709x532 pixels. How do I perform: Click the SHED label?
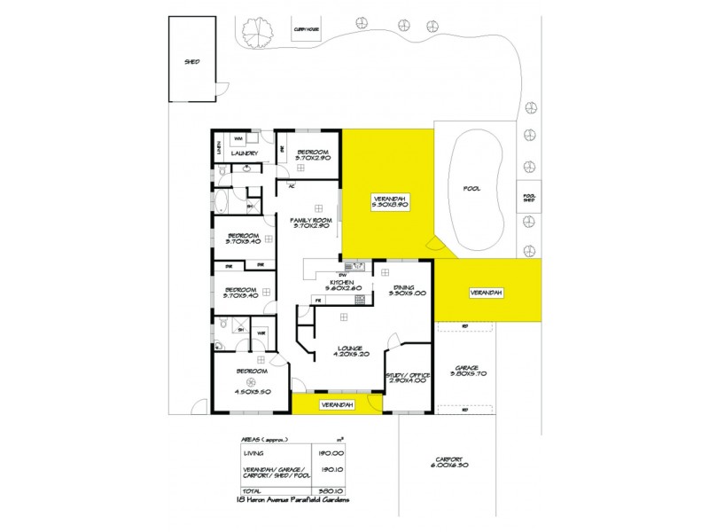pos(191,62)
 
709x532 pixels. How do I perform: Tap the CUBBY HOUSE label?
pos(306,28)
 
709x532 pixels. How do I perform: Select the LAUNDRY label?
pos(244,153)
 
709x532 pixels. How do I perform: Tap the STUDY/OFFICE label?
pos(408,375)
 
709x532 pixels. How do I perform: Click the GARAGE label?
pos(466,366)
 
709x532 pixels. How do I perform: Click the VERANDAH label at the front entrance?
pos(338,404)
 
